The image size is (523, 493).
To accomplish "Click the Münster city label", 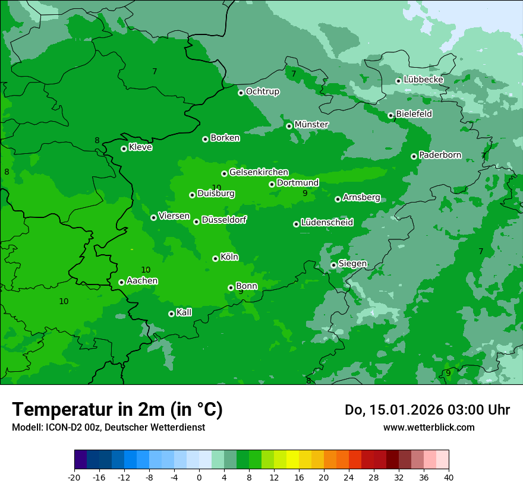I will pyautogui.click(x=311, y=125).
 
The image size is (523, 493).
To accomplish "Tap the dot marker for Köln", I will pyautogui.click(x=215, y=258).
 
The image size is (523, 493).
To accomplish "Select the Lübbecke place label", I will pyautogui.click(x=423, y=80).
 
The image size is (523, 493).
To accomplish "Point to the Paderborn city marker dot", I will pyautogui.click(x=414, y=156).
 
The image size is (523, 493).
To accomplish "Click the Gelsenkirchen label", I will pyautogui.click(x=259, y=172).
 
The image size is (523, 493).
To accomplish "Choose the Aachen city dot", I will pyautogui.click(x=121, y=282).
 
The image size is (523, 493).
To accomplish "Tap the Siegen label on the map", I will pyautogui.click(x=352, y=264).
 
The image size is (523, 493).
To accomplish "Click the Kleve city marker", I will pyautogui.click(x=124, y=148).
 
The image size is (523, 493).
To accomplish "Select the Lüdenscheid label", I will pyautogui.click(x=327, y=223).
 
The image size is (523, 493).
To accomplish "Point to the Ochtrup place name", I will pyautogui.click(x=262, y=91).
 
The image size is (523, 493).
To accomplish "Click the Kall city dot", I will pyautogui.click(x=171, y=314).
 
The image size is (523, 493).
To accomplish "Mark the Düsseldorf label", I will pyautogui.click(x=223, y=220).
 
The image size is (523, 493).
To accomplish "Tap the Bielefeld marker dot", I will pyautogui.click(x=390, y=115).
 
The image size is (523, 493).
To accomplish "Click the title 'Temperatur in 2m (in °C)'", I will pyautogui.click(x=117, y=410).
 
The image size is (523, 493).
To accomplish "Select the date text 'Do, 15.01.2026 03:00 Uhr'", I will pyautogui.click(x=427, y=410).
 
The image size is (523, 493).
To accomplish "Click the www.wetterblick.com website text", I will pyautogui.click(x=429, y=427).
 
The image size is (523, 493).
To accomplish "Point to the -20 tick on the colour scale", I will pyautogui.click(x=74, y=477).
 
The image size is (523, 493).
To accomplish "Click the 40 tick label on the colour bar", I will pyautogui.click(x=449, y=477).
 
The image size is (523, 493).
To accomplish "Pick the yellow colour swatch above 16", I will pyautogui.click(x=292, y=460).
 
